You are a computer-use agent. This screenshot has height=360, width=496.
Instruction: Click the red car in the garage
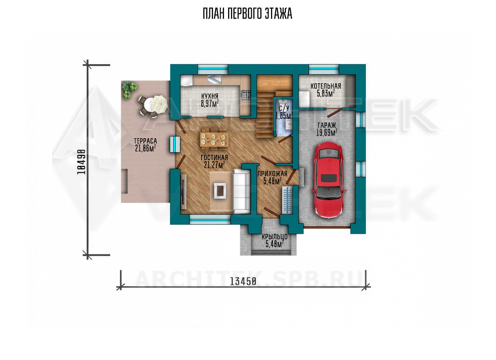point(328,180)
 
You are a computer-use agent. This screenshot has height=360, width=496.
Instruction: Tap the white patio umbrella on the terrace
point(159,103)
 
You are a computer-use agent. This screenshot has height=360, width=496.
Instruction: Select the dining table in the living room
point(214,139)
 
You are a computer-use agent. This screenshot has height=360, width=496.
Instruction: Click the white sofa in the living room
point(242,191)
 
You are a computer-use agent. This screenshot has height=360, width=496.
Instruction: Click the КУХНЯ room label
point(209,96)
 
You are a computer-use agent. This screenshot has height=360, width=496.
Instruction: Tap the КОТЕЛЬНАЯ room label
point(326,86)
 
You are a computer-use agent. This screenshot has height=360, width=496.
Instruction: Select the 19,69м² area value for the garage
point(327,133)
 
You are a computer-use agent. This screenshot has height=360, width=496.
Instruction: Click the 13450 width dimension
point(243,282)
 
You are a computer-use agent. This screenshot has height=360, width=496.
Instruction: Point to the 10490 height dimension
point(81,162)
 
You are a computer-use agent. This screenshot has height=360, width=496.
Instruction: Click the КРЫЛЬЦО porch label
point(275,237)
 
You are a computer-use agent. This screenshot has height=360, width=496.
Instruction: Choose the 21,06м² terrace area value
point(145,148)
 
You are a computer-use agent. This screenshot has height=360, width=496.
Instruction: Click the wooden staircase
point(274,106)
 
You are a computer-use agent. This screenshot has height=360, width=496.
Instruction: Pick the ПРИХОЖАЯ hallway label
point(272,174)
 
